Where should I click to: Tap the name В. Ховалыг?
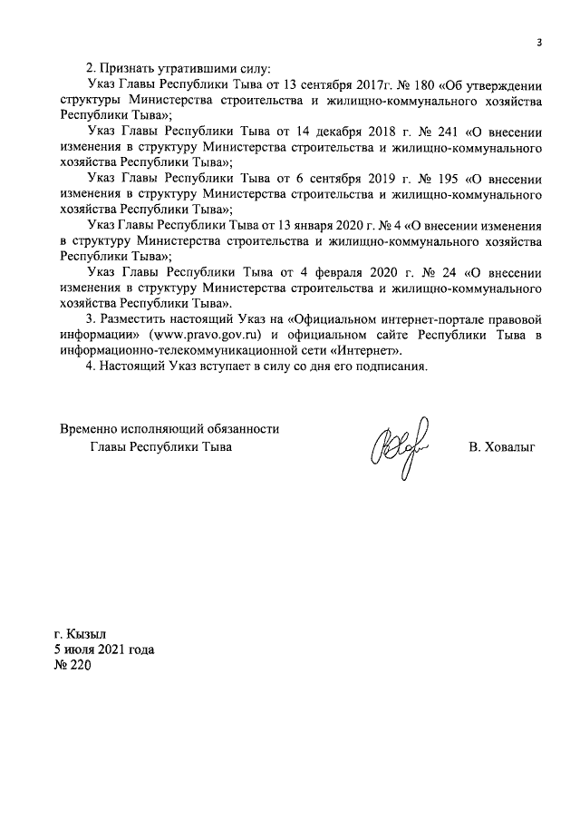[502, 448]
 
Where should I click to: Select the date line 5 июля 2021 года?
[103, 650]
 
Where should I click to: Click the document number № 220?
[72, 667]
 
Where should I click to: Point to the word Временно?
[91, 429]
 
